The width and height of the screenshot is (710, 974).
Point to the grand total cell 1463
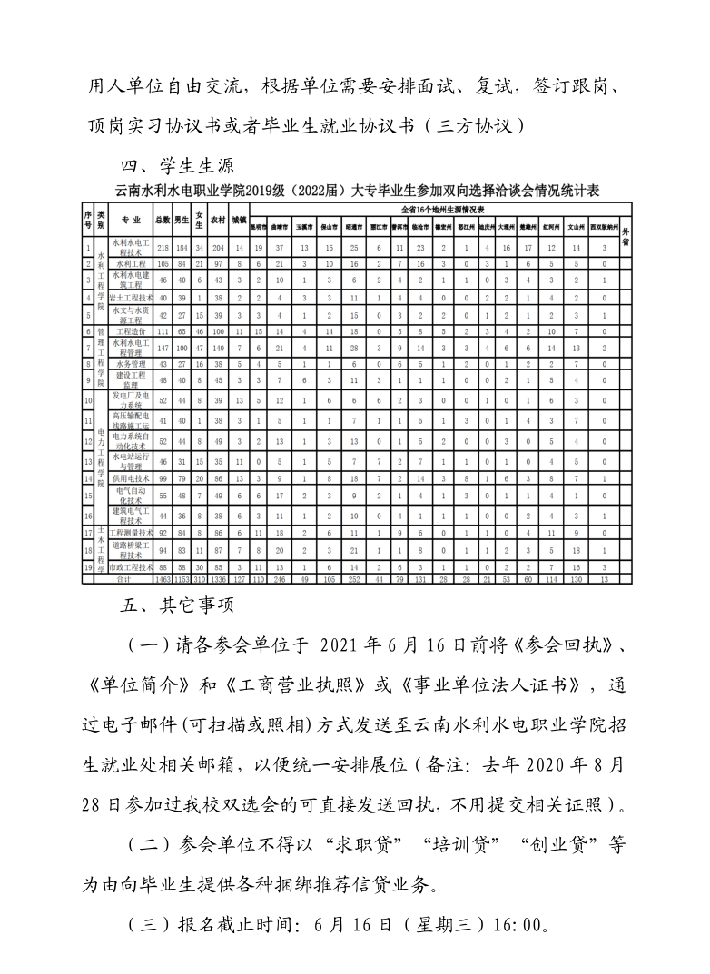click(x=163, y=577)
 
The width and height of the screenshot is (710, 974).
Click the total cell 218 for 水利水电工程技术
click(x=163, y=247)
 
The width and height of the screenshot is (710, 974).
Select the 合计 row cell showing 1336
click(x=218, y=577)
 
